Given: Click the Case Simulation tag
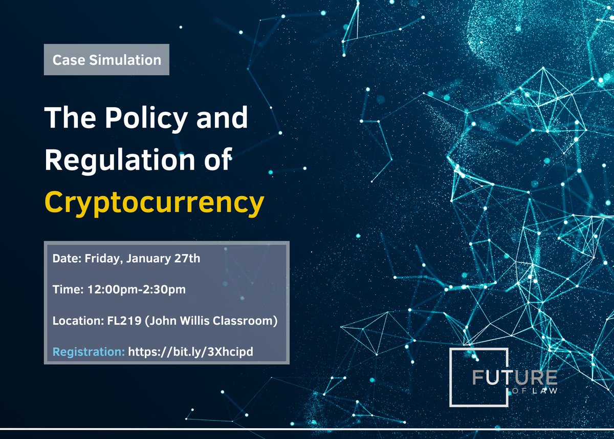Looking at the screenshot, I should (x=106, y=60).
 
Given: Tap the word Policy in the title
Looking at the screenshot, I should (x=133, y=119).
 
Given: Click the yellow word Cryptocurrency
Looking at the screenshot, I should (x=154, y=202).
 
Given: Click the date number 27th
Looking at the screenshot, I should (x=188, y=259).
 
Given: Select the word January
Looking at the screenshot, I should (x=148, y=259).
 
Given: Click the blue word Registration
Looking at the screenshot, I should (x=89, y=352).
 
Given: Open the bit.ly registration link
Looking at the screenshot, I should (x=191, y=352).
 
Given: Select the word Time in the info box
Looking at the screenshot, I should (x=63, y=290).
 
